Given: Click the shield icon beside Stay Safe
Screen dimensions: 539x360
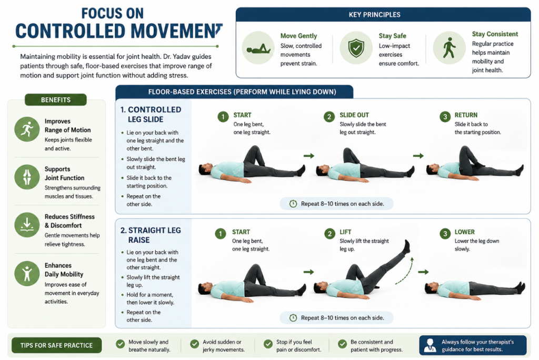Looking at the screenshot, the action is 356,48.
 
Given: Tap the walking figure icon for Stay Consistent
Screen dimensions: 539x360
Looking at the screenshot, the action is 449,48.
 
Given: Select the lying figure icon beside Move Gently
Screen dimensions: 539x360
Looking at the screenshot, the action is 258,49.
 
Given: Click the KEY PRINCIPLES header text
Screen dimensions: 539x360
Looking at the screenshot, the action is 374,15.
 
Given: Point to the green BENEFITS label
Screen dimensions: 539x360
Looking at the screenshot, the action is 56,99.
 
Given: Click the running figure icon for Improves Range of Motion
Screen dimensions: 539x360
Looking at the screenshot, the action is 27,129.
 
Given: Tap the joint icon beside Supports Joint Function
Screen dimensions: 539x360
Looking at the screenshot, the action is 27,177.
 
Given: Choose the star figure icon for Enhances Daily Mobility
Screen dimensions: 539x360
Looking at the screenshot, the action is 27,273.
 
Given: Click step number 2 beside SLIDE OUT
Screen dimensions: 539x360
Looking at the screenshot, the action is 329,117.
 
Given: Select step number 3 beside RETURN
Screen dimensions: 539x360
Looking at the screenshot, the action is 445,117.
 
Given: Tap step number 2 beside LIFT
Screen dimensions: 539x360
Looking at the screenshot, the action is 330,234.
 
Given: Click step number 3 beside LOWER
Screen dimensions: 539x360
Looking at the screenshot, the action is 445,234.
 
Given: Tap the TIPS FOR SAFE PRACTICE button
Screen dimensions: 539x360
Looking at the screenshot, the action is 56,345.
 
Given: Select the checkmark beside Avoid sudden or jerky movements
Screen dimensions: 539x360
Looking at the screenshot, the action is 195,344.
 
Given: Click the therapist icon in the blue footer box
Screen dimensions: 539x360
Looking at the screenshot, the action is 430,345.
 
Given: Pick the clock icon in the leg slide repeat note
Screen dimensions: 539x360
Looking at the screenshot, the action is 293,204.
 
